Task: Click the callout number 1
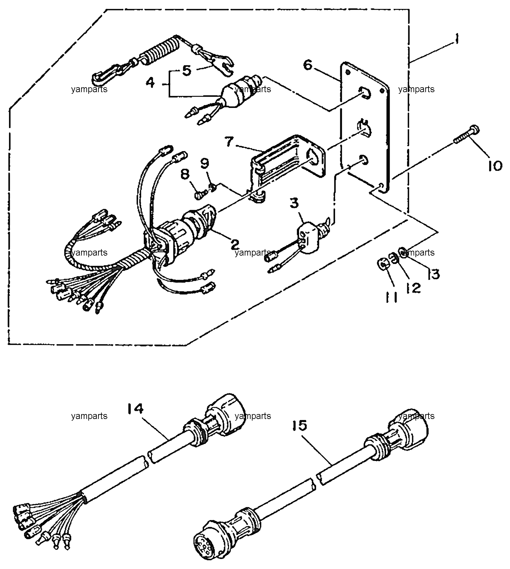click(x=455, y=41)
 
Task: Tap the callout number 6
click(x=308, y=65)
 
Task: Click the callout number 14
click(x=136, y=409)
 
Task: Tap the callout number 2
click(x=235, y=243)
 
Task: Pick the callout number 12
click(x=413, y=288)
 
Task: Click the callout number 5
click(x=186, y=70)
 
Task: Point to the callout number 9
click(x=204, y=164)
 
